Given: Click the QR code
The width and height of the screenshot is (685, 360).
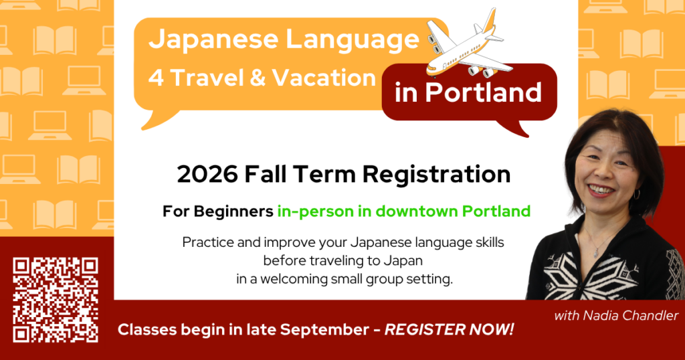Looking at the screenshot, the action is pos(56,300).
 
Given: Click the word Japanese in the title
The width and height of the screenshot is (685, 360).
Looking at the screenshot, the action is pos(213,39).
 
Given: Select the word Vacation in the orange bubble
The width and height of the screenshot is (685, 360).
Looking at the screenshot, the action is pos(324,78).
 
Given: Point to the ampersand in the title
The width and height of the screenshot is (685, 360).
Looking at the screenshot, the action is pos(258,78).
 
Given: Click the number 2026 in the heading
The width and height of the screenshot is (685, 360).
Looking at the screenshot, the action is pos(207,174).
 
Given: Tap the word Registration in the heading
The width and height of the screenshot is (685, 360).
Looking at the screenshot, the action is pos(436,175).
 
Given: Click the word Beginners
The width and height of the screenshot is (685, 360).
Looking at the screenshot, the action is pos(233,211).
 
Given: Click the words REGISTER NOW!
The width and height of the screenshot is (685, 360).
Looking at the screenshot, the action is pos(449,329).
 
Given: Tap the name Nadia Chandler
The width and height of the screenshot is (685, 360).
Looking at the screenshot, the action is pos(628,315).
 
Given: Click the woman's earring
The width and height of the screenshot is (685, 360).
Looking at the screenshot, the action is pos(637,194).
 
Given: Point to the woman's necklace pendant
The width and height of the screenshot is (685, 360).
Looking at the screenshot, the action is pos(595,252).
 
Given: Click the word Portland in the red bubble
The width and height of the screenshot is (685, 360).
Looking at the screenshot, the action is pos(484,92).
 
